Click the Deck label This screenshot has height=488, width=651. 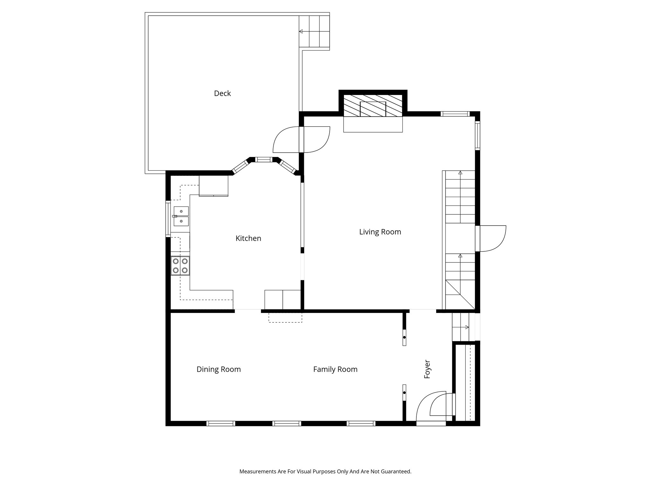(x=222, y=93)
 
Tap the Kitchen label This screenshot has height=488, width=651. (x=248, y=238)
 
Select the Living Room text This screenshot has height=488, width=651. (x=380, y=232)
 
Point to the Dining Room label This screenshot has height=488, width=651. (x=219, y=369)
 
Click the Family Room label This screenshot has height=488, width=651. (x=335, y=369)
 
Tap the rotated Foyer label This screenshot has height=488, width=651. (x=427, y=369)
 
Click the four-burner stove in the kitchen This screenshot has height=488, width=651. (x=180, y=266)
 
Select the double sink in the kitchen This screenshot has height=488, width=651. (x=181, y=216)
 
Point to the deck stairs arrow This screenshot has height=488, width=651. (x=301, y=31)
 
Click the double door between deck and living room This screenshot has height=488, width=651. (x=301, y=140)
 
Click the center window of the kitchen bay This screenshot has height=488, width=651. (x=263, y=159)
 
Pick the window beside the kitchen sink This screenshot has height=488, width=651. (x=168, y=218)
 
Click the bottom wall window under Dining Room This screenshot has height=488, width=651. (x=221, y=423)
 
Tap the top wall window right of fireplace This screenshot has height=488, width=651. (x=455, y=113)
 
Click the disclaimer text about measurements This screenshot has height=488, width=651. (x=325, y=471)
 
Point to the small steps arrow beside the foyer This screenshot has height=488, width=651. (x=467, y=327)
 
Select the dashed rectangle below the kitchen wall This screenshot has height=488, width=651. (x=285, y=318)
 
